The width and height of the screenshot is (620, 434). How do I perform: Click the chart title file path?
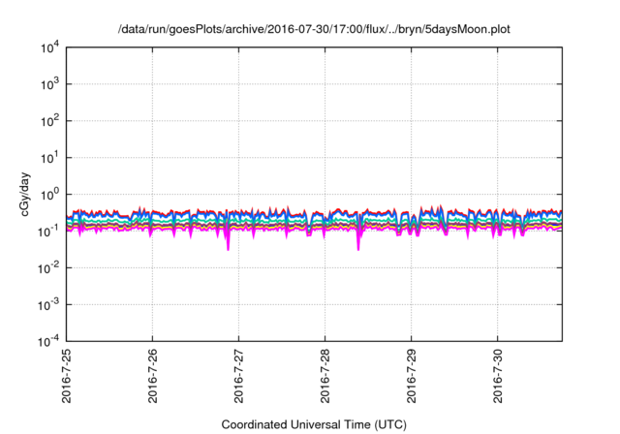pyautogui.click(x=310, y=29)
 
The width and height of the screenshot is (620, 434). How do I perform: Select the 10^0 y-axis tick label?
pyautogui.click(x=50, y=194)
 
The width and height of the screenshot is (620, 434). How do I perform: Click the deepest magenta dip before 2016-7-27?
pyautogui.click(x=229, y=249)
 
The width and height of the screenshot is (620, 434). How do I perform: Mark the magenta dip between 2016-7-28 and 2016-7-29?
pyautogui.click(x=358, y=249)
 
